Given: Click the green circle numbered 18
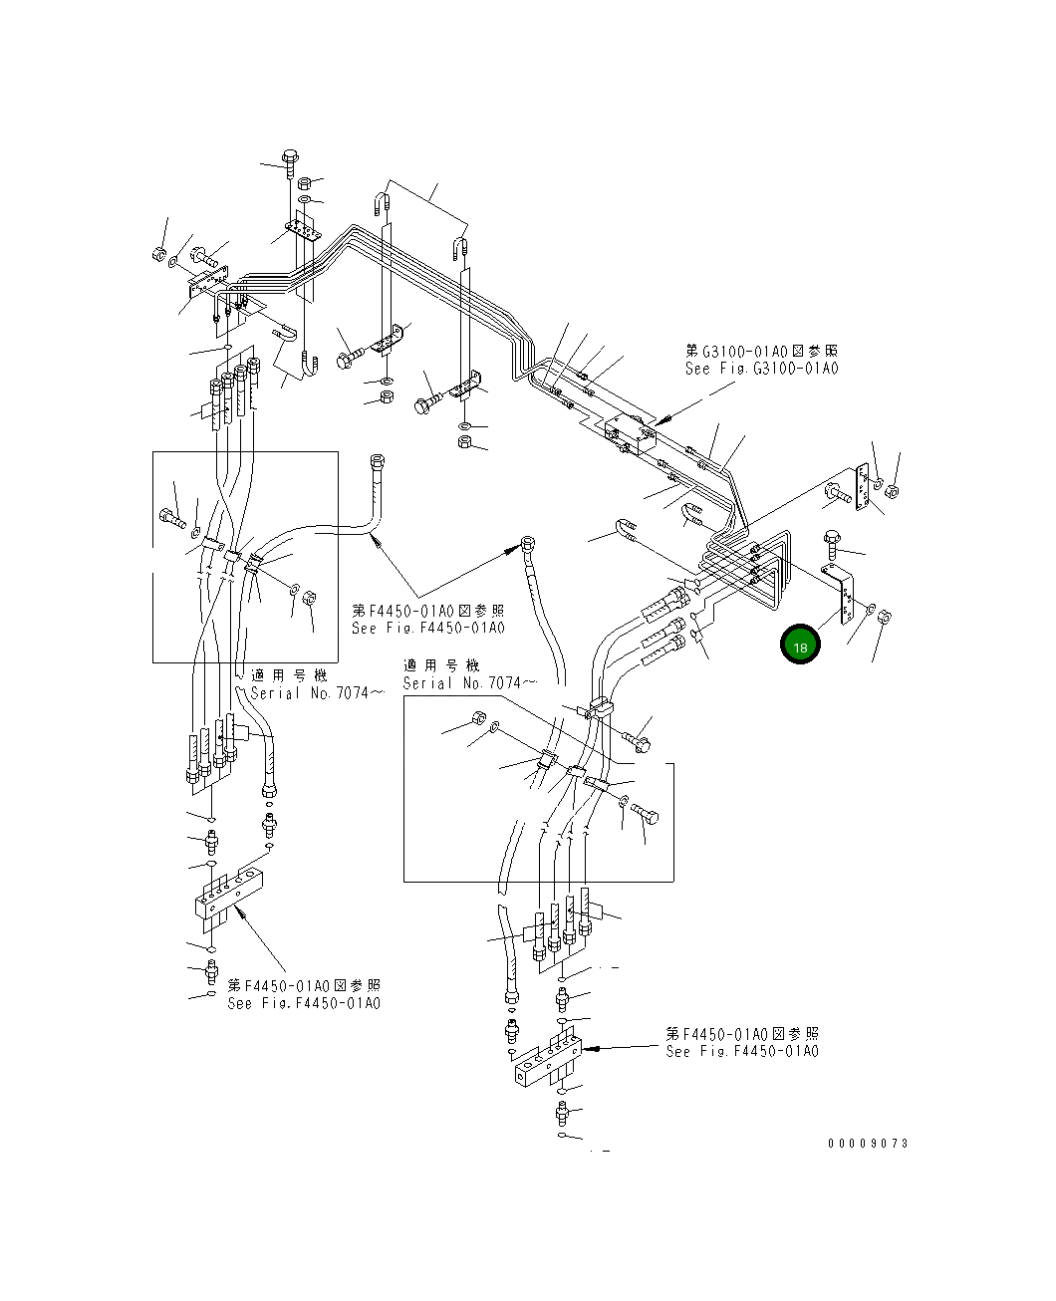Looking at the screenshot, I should click(800, 646).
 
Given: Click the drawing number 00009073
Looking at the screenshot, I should click(868, 1144).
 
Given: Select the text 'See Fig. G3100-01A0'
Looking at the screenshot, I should click(761, 369).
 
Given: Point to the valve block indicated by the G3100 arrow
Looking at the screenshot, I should click(628, 434).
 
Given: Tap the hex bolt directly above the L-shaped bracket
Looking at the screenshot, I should click(832, 544).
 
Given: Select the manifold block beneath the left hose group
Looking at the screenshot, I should click(232, 894).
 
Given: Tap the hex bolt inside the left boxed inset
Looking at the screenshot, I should click(172, 517).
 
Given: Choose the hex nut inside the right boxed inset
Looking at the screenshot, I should click(477, 719).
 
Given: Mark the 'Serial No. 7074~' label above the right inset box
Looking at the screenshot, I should click(469, 683).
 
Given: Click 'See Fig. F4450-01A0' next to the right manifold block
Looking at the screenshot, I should click(742, 1051).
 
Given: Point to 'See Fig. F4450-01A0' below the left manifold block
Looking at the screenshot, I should click(304, 1003).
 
